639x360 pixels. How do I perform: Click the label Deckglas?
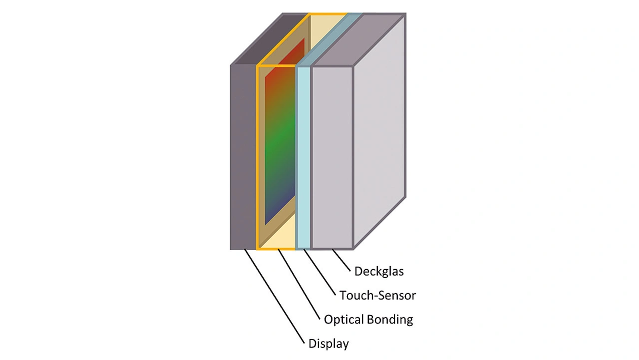pos(379,272)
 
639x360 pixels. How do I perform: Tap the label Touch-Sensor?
pos(377,295)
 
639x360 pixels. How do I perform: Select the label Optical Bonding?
pos(368,319)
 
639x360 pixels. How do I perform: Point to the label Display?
pos(328,344)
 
